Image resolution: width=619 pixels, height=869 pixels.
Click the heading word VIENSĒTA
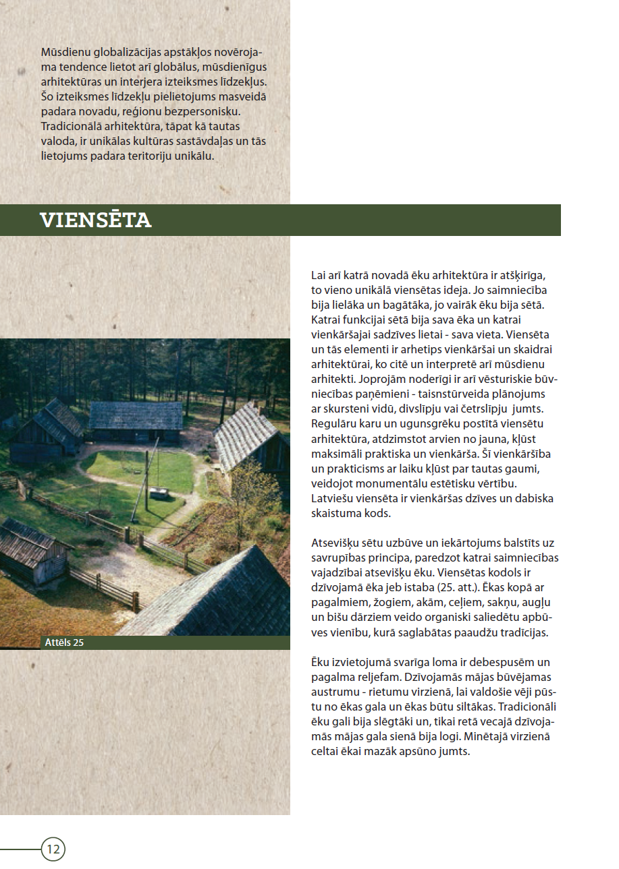[95, 220]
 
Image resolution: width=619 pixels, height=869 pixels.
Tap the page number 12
[53, 849]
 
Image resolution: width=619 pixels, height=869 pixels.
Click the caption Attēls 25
[65, 642]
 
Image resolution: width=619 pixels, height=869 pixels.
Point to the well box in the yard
[159, 493]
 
